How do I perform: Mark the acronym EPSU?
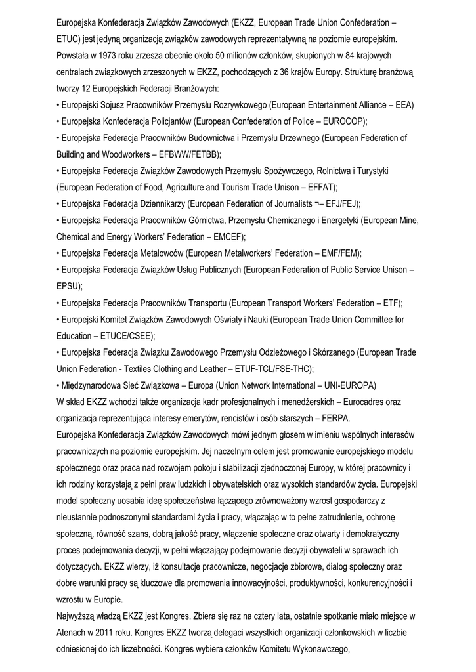69,286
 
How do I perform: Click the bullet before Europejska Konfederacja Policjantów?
59,121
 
